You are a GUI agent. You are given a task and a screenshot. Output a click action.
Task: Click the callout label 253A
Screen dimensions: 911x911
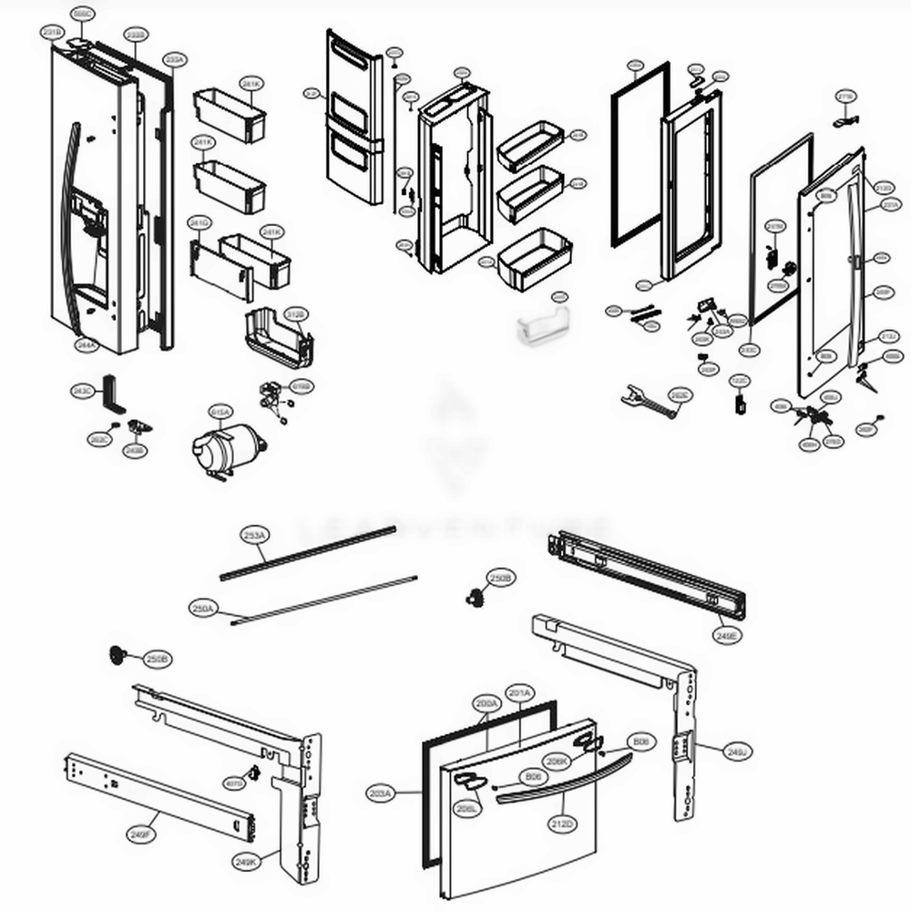[x=254, y=535]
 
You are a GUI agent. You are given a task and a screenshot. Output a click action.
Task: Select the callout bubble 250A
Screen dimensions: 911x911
[x=203, y=608]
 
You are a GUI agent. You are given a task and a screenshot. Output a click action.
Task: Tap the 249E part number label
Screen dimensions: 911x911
[x=728, y=635]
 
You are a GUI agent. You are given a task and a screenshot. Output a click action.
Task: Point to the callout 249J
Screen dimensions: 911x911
[x=736, y=752]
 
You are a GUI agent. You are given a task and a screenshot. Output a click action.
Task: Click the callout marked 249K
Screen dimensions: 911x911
[x=245, y=861]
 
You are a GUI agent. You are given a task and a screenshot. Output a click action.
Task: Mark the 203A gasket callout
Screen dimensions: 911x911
[x=381, y=793]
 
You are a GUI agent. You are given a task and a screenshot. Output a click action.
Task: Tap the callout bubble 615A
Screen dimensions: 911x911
[x=220, y=412]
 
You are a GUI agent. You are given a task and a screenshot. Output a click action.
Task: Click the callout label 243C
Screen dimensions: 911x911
[x=82, y=391]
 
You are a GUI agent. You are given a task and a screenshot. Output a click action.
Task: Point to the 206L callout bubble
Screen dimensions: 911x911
[x=468, y=808]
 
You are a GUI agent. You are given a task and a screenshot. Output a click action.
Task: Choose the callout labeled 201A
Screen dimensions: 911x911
[x=519, y=692]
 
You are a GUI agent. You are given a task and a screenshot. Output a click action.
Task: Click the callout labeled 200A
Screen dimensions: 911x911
[x=486, y=704]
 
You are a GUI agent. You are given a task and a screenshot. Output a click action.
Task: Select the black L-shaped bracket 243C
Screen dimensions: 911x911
[x=112, y=393]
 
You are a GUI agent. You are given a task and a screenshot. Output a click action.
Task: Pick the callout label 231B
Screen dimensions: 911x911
[x=52, y=33]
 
